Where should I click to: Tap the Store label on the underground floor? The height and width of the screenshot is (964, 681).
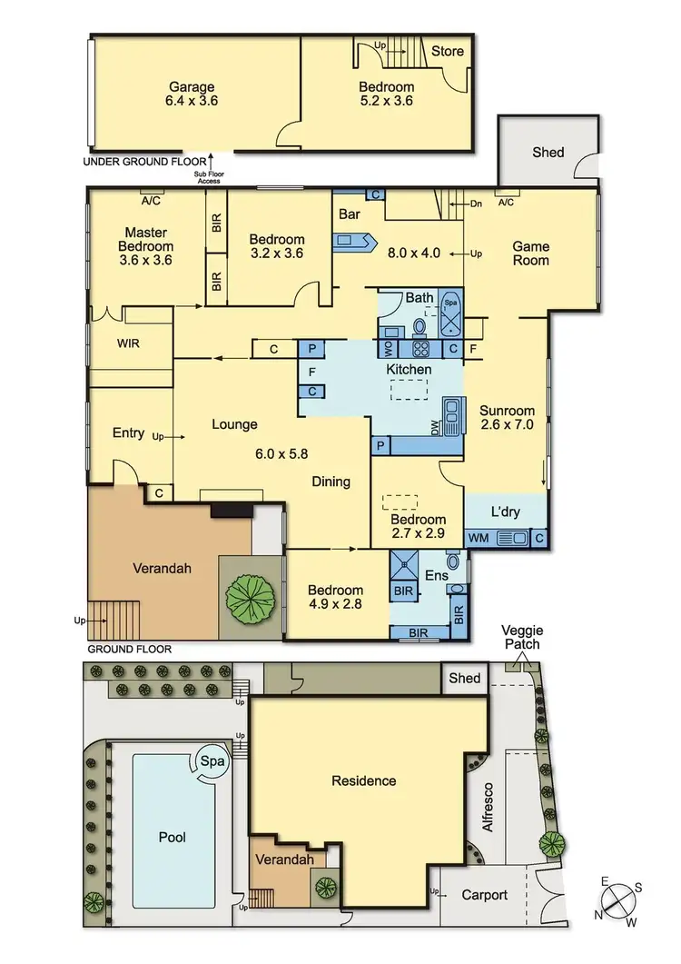coord(447,51)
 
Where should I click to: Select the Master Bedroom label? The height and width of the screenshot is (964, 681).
coord(148,246)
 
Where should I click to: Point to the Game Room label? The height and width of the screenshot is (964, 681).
coord(531,253)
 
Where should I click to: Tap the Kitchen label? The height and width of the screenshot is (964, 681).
coord(409,370)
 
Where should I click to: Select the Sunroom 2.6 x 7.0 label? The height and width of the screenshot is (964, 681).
coord(507,417)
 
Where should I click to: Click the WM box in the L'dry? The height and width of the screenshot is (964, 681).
coord(479,539)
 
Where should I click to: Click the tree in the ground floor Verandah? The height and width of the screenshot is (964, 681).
coord(251,597)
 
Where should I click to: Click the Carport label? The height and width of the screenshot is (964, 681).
coord(484,895)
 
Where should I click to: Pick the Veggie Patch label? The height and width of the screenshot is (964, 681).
coord(523,637)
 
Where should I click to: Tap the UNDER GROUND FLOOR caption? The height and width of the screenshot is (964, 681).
coord(138,162)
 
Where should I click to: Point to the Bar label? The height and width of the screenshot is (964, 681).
coord(350,215)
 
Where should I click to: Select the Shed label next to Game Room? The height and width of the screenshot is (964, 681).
coord(548,152)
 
